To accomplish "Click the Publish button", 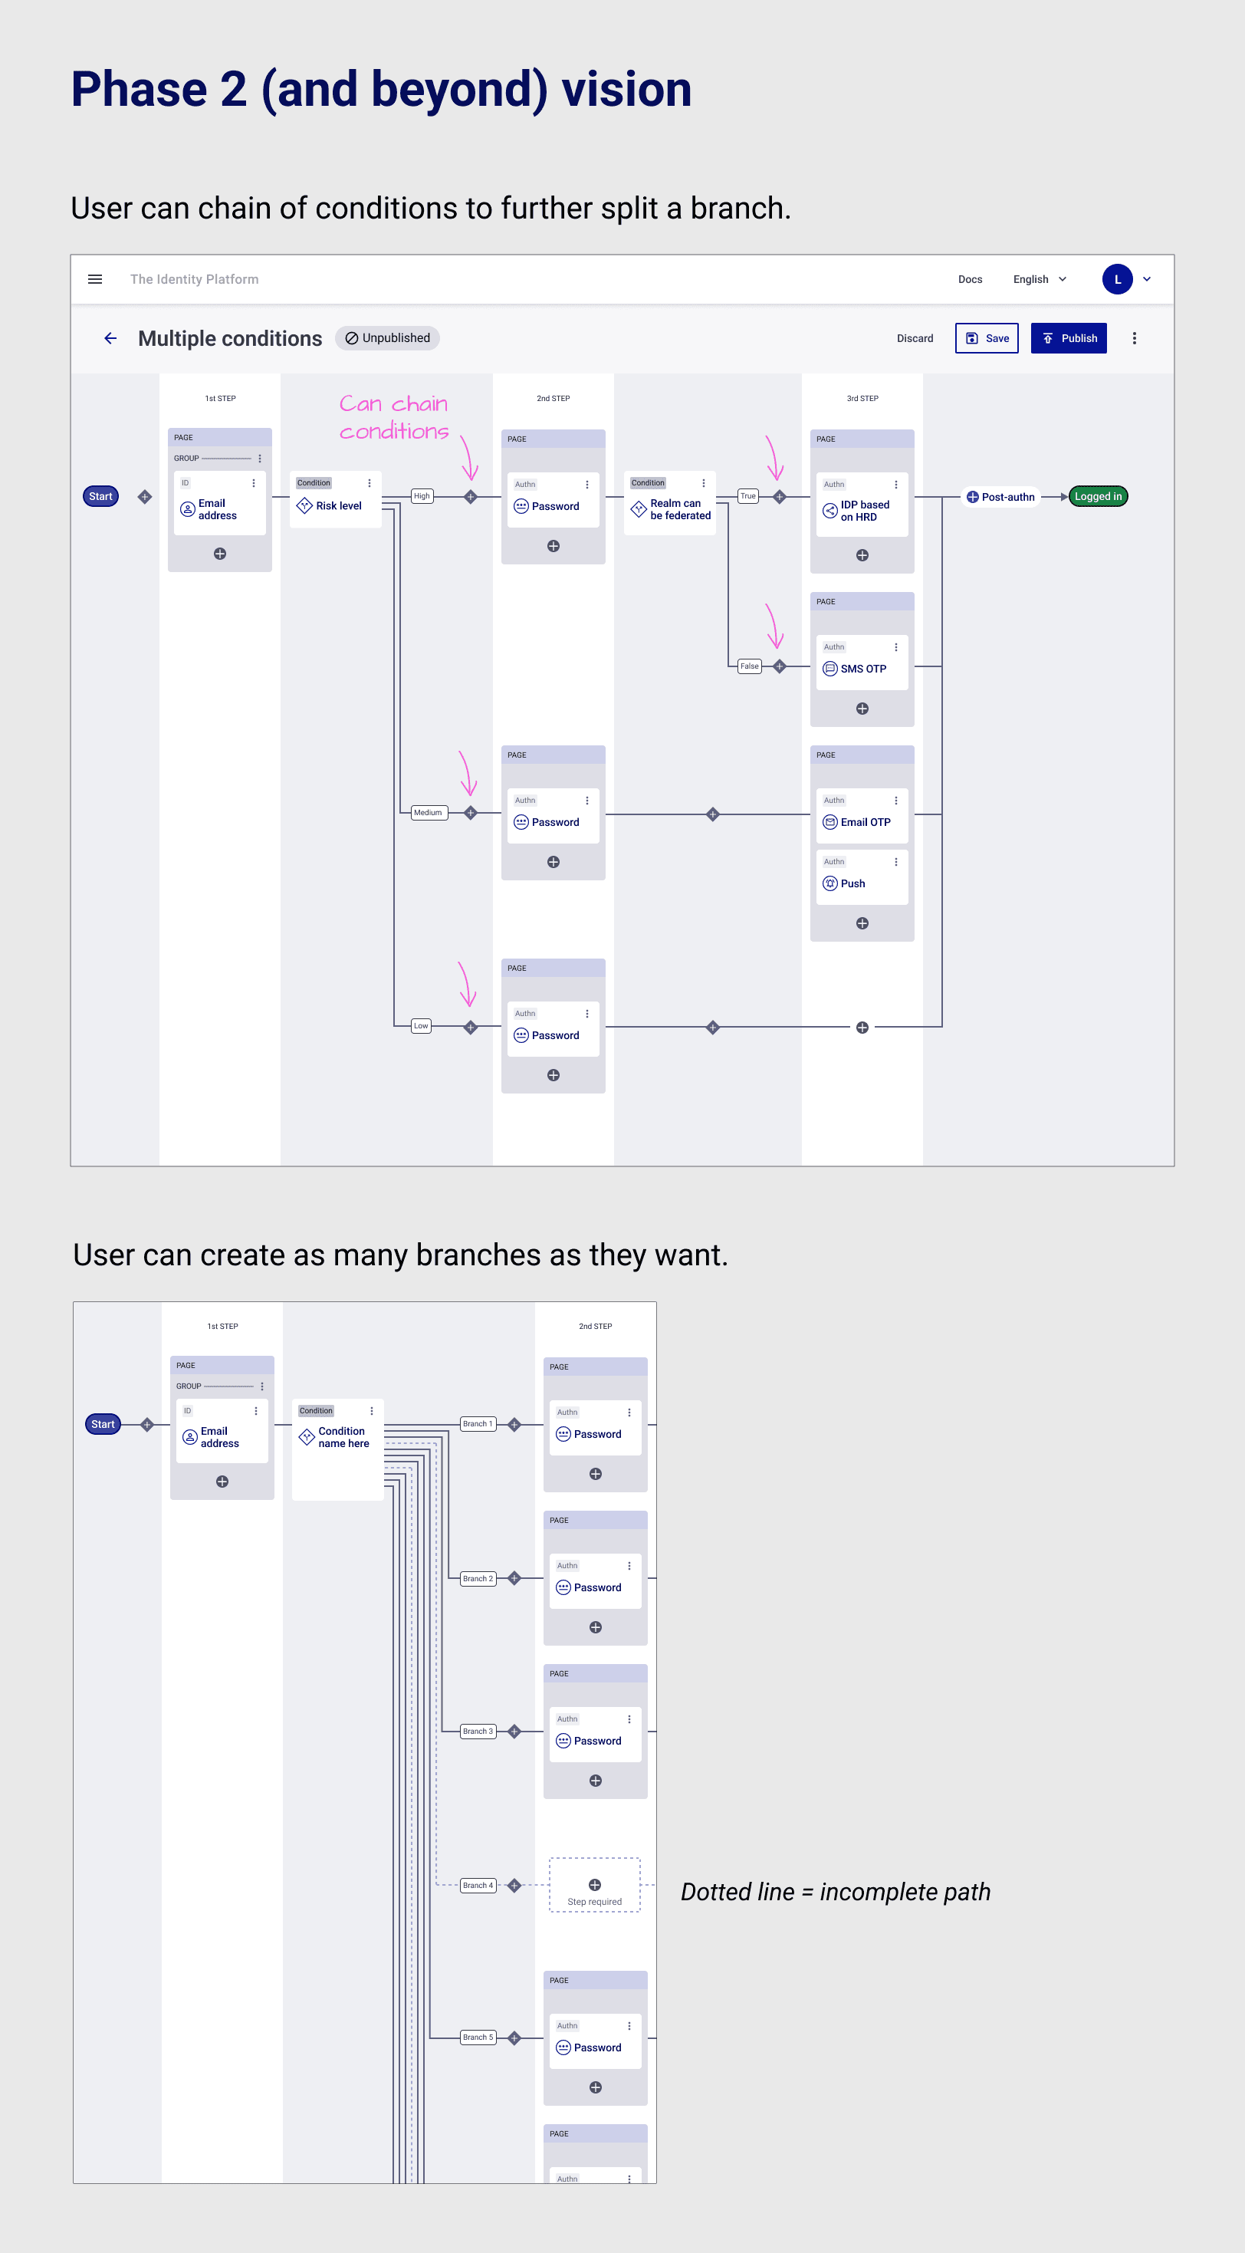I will point(1069,338).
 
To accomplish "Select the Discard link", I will point(915,338).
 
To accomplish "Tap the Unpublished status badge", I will point(387,338).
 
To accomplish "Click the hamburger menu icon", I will point(95,280).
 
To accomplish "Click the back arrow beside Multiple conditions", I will point(111,338).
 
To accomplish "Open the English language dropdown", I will point(1040,280).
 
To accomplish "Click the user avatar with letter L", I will point(1117,280).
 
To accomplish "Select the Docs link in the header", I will point(970,280).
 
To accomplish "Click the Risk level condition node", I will point(336,500).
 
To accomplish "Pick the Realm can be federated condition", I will point(671,504).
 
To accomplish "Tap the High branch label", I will point(422,497).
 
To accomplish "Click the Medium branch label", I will point(429,814).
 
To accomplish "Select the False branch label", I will point(749,666).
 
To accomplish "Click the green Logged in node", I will point(1098,497).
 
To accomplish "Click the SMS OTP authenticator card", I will point(862,664).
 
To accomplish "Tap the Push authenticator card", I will point(862,878).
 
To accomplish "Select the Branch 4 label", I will point(478,1886).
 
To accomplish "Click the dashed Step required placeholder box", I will point(595,1885).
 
